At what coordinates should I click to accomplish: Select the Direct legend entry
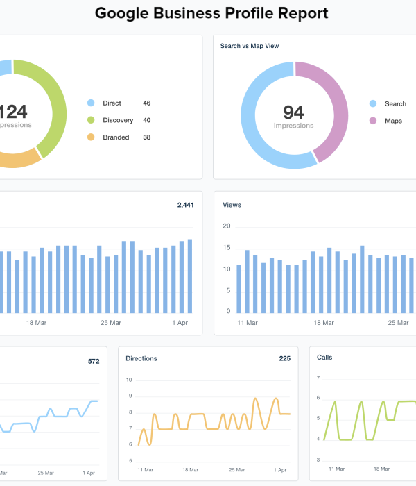click(x=111, y=103)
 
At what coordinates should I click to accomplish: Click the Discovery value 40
click(x=147, y=120)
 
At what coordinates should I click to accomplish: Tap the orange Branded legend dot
click(x=91, y=137)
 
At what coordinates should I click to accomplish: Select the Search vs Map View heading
click(x=249, y=46)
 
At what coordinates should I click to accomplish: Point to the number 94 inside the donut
click(x=293, y=112)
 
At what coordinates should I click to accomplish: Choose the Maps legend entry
click(x=393, y=121)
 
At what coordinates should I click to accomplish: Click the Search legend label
click(x=395, y=103)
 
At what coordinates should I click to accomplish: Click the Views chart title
click(x=232, y=205)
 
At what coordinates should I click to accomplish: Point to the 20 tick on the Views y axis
click(x=226, y=226)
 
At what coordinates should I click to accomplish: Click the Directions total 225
click(x=284, y=359)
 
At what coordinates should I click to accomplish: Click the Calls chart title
click(x=324, y=358)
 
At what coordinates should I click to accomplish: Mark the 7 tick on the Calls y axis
click(x=318, y=378)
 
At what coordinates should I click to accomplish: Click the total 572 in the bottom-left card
click(x=94, y=361)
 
